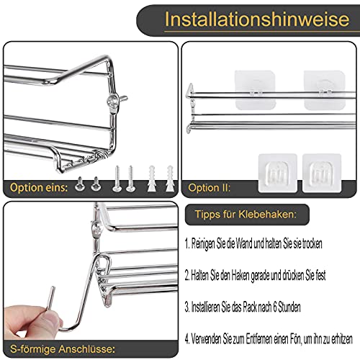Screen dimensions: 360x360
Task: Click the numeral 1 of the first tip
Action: [186, 243]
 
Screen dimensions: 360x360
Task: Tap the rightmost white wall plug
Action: [164, 176]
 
